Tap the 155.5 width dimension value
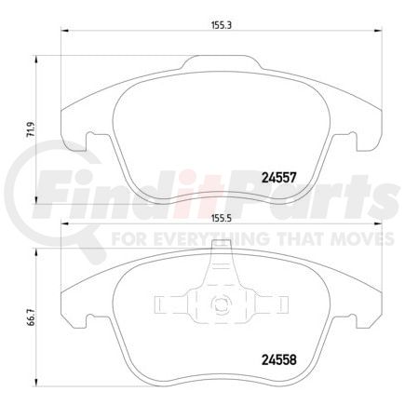(221, 220)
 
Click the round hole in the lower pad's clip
(222, 302)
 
